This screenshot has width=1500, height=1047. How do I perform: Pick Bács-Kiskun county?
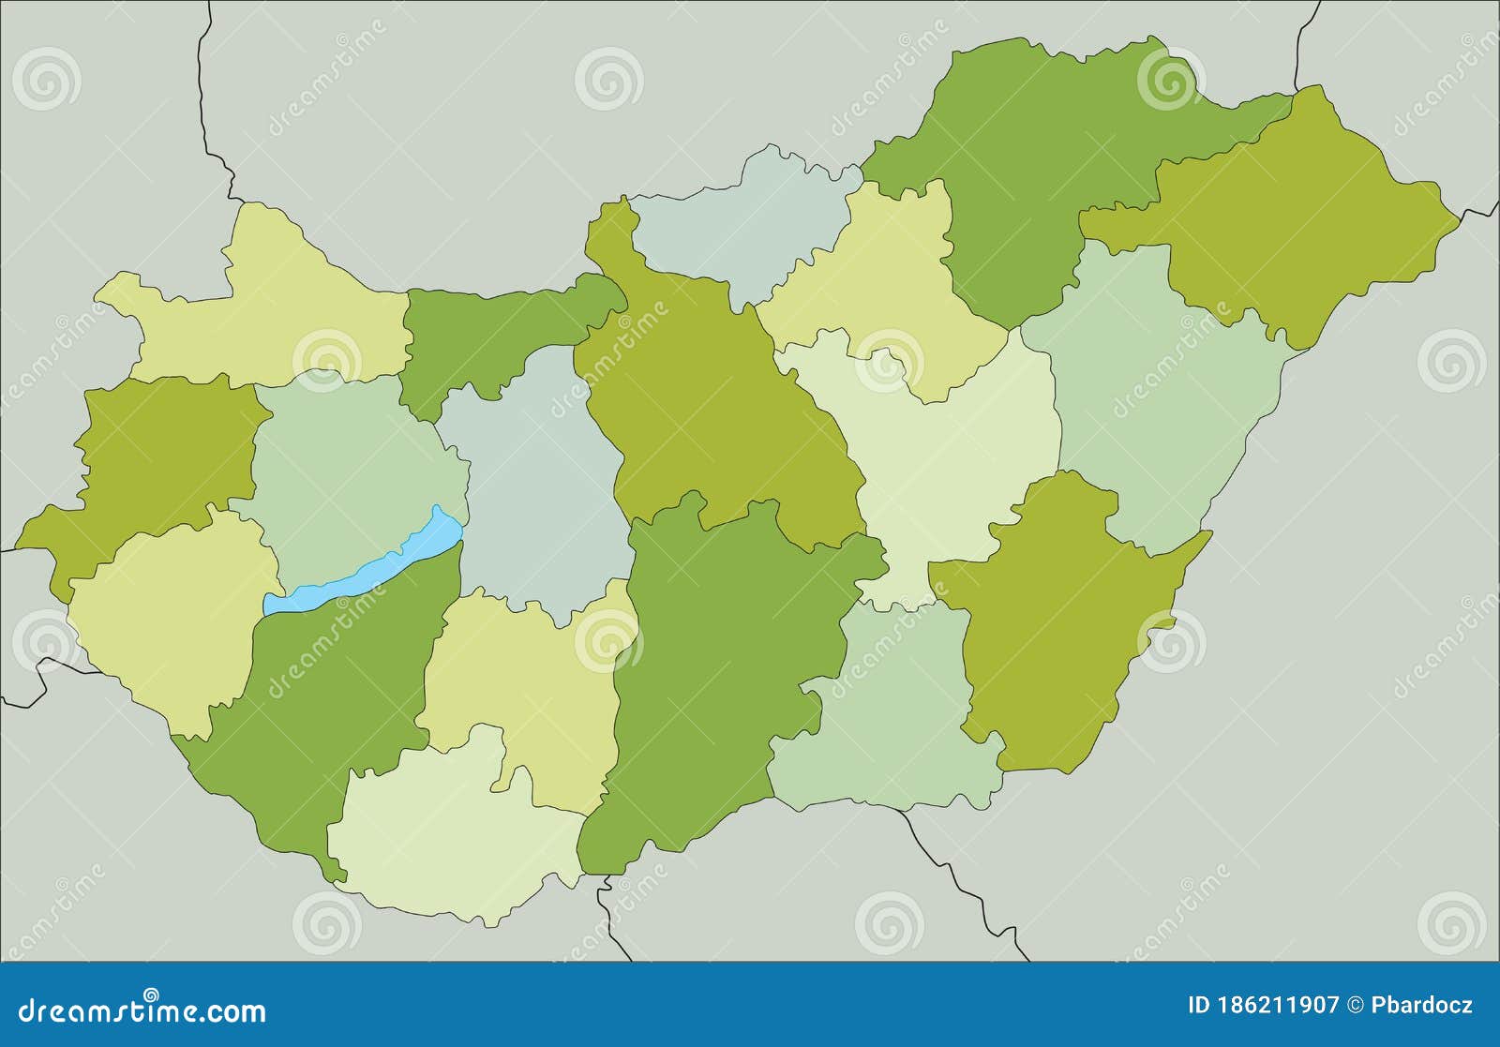click(712, 656)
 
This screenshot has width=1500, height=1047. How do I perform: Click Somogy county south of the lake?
click(328, 694)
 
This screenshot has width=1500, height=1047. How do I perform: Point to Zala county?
click(169, 619)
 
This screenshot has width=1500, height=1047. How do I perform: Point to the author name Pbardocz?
click(1422, 1007)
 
